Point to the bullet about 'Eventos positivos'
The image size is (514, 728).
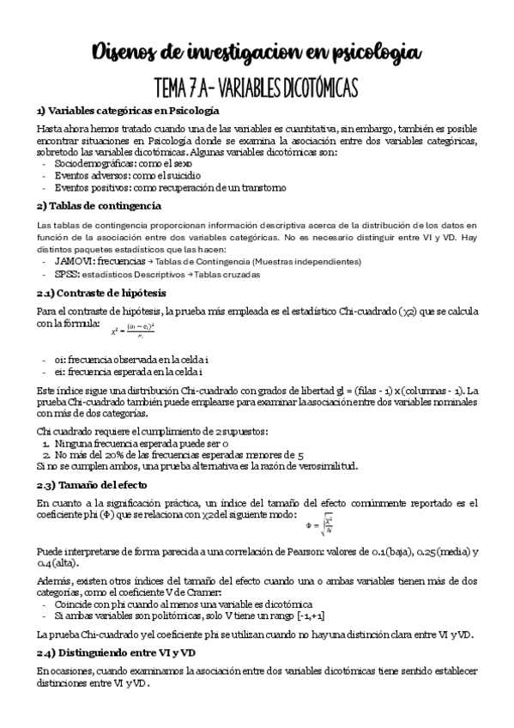click(x=170, y=188)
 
